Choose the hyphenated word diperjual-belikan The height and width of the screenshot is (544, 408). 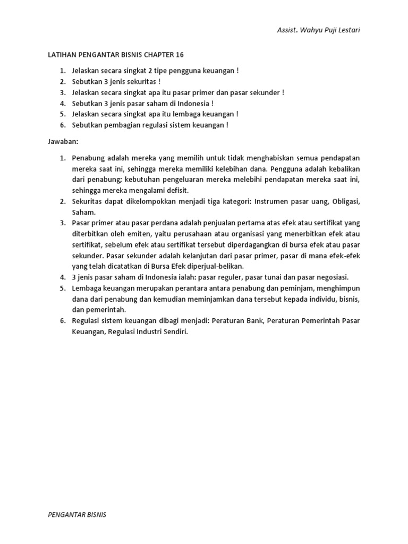pyautogui.click(x=231, y=266)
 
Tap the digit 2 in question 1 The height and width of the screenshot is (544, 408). pyautogui.click(x=144, y=71)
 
